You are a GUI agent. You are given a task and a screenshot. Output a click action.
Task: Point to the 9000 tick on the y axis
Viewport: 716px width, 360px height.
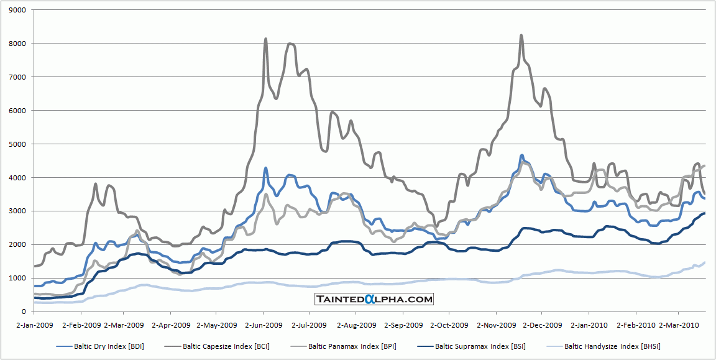(x=18, y=10)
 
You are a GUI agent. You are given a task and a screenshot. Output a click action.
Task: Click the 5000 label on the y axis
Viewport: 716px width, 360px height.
(x=18, y=144)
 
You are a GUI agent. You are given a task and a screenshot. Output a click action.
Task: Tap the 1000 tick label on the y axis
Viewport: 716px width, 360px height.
(x=18, y=278)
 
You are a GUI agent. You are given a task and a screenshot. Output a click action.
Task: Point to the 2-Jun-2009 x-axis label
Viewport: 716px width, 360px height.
(x=262, y=325)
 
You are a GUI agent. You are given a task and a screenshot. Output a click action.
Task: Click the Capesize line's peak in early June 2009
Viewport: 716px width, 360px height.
(x=266, y=39)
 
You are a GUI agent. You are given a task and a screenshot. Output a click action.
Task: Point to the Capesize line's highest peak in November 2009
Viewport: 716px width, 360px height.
(x=521, y=35)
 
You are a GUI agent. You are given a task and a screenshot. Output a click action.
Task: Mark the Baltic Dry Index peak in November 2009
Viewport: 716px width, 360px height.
(x=522, y=155)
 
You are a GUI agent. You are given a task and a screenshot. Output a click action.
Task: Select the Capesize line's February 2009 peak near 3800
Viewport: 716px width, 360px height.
(x=95, y=184)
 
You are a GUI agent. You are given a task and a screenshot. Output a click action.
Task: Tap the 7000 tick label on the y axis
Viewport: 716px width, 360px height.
(x=18, y=77)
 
